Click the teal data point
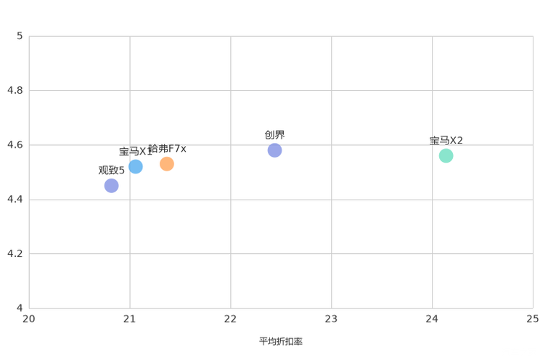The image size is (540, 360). pyautogui.click(x=446, y=155)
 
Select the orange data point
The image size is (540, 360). pyautogui.click(x=167, y=163)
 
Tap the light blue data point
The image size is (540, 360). pyautogui.click(x=136, y=166)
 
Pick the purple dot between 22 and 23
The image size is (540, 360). pyautogui.click(x=274, y=150)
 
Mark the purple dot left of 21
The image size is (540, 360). pyautogui.click(x=111, y=187)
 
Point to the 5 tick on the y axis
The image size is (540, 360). pyautogui.click(x=20, y=36)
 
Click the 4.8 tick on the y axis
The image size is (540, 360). pyautogui.click(x=15, y=90)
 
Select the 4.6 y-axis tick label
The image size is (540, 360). pyautogui.click(x=15, y=144)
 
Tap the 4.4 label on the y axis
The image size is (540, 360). pyautogui.click(x=15, y=199)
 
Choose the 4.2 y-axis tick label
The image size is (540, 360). pyautogui.click(x=15, y=253)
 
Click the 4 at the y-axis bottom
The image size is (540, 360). pyautogui.click(x=20, y=308)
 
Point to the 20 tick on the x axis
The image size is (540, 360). pyautogui.click(x=29, y=318)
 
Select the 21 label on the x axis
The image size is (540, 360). pyautogui.click(x=130, y=318)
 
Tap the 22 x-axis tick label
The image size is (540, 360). pyautogui.click(x=231, y=318)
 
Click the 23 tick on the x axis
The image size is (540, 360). pyautogui.click(x=332, y=318)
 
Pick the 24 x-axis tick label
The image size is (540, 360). pyautogui.click(x=433, y=318)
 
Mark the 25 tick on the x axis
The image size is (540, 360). pyautogui.click(x=533, y=318)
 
